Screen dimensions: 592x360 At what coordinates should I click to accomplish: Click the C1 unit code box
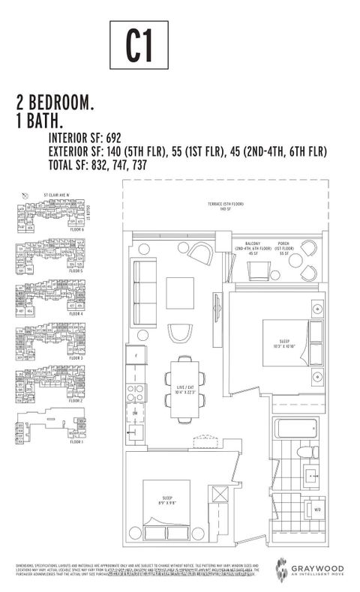[x=139, y=46]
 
